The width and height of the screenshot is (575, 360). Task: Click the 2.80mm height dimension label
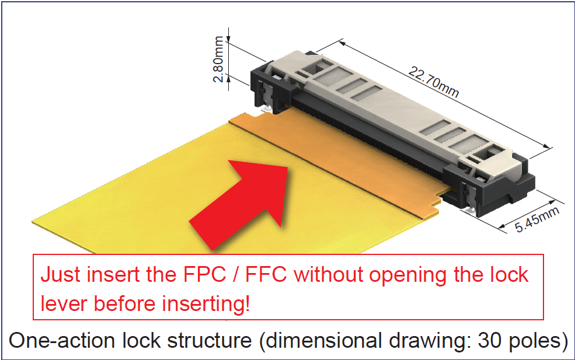218,59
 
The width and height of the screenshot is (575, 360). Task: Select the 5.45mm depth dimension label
537,219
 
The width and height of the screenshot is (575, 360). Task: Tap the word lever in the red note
64,304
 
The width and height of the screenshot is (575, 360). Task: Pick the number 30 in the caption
490,340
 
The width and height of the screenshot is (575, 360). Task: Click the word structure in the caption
210,340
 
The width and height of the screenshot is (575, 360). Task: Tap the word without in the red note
328,274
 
